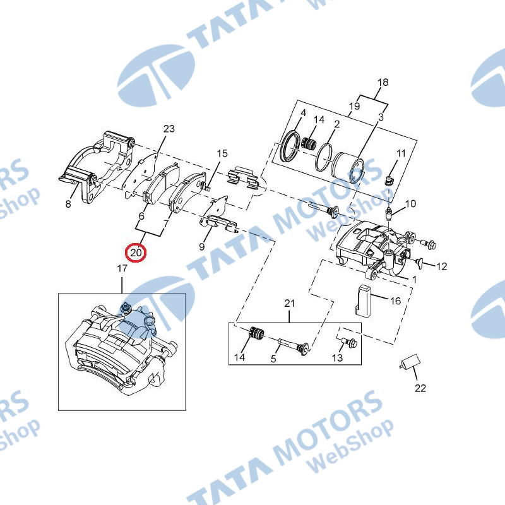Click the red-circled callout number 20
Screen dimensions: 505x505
pos(136,253)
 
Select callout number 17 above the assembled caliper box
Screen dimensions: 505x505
pos(122,268)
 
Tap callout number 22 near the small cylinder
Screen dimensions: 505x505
pos(420,388)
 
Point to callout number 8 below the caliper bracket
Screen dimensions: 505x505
pos(68,204)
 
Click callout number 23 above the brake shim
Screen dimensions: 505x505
pos(169,129)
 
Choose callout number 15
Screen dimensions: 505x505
pos(222,153)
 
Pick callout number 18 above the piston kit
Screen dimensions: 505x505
pos(383,83)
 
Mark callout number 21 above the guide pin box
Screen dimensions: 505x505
pos(290,304)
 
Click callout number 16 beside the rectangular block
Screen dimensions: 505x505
pos(396,301)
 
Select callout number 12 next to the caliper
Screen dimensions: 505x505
pos(441,266)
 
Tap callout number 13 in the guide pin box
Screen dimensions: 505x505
pos(337,357)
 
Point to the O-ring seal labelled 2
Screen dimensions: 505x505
pos(324,157)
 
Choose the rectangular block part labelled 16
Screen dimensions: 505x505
pos(363,299)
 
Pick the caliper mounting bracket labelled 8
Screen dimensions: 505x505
pos(97,167)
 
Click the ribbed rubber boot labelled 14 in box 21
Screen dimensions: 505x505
pos(257,333)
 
